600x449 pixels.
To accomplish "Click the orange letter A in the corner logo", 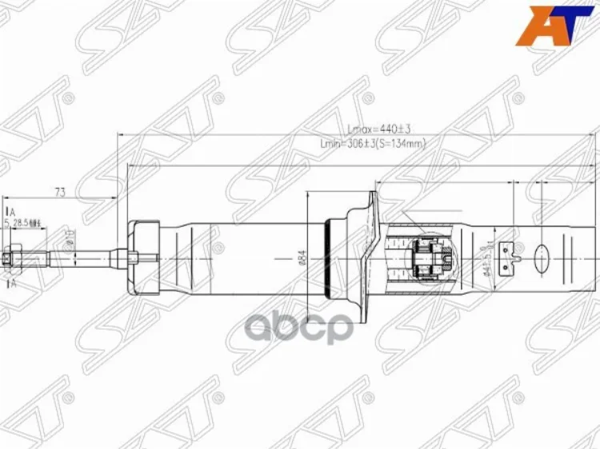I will coord(531,26).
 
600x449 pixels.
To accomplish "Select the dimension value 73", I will coord(59,192).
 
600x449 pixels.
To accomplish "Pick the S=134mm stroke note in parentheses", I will coord(399,144).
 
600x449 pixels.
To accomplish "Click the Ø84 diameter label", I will coord(302,257).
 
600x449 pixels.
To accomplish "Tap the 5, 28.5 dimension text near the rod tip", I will coord(21,225).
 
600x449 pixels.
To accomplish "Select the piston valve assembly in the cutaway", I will coord(433,257).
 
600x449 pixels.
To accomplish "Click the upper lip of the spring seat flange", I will coord(371,200).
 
